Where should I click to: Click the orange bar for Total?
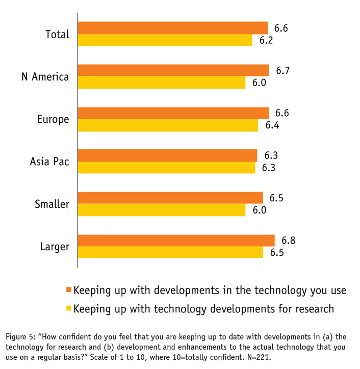coord(172,28)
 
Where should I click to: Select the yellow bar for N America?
coord(161,83)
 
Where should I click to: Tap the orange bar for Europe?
coord(173,113)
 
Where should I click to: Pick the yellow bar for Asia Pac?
coord(166,168)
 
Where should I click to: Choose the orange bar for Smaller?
coord(170,198)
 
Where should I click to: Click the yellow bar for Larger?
coord(170,252)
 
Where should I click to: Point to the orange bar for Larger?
coord(176,240)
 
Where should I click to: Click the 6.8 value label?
coord(288,240)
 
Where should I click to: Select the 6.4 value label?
coord(272,125)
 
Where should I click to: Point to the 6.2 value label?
coord(266,40)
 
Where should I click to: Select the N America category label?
coord(45,77)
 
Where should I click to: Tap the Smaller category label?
coord(52,204)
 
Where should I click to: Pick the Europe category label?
coord(54,119)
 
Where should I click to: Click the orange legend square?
coord(69,290)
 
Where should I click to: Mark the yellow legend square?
coord(69,308)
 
